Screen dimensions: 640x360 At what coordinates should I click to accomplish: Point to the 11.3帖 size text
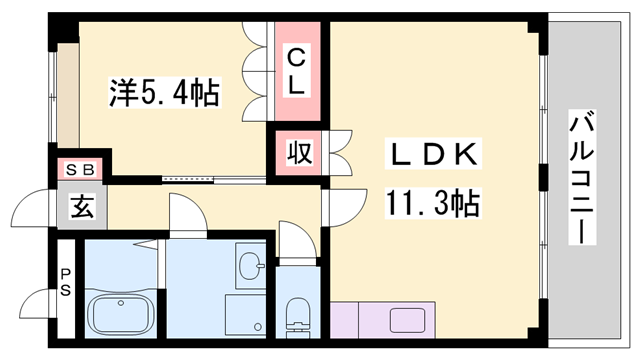[x=432, y=205]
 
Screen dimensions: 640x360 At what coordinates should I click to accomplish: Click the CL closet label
[x=297, y=70]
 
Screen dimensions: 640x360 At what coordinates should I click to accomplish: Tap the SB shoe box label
[x=79, y=170]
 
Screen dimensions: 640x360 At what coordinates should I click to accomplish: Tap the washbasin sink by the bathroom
[x=249, y=267]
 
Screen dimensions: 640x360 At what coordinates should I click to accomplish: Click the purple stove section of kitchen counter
[x=353, y=322]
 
